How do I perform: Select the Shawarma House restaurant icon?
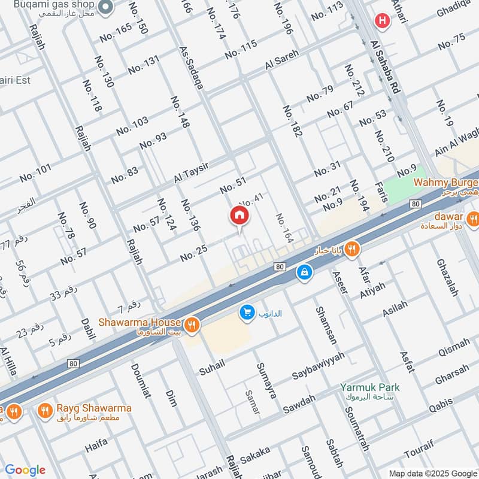pos(192,325)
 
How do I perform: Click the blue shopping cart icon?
pos(246,312)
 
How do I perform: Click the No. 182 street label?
pos(292,122)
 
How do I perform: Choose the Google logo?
pos(25,469)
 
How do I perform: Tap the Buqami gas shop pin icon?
pos(106,7)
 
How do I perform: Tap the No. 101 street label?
pos(35,174)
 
